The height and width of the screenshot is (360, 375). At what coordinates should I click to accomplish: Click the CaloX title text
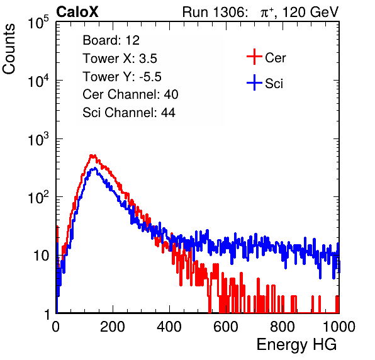point(77,12)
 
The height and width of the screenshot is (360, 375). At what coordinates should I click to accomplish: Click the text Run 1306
point(215,12)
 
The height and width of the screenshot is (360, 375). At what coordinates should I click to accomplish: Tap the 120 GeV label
point(310,12)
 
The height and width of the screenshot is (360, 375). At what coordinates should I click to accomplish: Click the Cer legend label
point(275,58)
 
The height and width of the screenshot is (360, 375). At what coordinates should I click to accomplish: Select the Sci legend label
point(274,84)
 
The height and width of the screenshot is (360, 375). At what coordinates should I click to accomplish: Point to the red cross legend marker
point(254,57)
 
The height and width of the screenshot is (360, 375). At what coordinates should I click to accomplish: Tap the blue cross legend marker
point(254,82)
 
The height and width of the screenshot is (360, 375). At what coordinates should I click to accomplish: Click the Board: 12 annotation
point(111,40)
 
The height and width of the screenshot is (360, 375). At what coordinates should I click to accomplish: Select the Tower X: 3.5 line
point(120,59)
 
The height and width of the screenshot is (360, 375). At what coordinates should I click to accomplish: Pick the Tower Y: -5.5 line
point(122,77)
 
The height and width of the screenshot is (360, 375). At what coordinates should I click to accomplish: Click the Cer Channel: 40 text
point(130,94)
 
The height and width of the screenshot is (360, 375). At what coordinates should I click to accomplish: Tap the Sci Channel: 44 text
point(129,113)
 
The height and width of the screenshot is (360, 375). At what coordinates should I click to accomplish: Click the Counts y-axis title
point(9,49)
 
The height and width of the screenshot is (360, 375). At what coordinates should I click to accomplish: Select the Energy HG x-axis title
point(296,345)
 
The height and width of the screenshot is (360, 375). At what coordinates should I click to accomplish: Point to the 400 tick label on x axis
point(169,327)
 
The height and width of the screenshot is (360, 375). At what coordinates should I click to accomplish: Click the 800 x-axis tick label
point(283,327)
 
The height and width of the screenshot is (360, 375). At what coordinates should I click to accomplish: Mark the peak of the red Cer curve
point(92,155)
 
